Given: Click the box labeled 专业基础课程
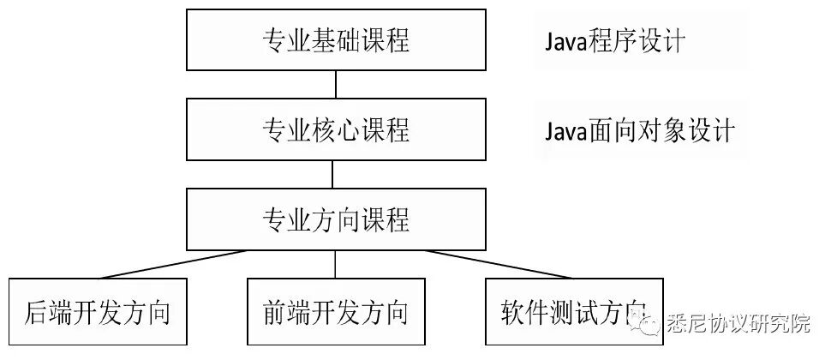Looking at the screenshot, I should click(x=335, y=39).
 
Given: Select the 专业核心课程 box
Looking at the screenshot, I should click(x=335, y=129).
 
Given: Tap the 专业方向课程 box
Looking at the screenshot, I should click(x=335, y=219).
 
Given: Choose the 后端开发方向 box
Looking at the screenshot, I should click(x=97, y=311).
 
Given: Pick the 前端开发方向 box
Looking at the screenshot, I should click(x=335, y=311).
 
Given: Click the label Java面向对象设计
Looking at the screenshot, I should click(x=639, y=131).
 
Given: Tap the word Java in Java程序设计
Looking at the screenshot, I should click(x=565, y=41).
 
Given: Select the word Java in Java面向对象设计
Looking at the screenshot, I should click(x=565, y=132).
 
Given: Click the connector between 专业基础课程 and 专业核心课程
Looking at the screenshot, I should click(x=335, y=84).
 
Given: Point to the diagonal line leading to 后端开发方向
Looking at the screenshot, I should click(x=171, y=263).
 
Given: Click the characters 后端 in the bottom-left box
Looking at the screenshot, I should click(x=49, y=311).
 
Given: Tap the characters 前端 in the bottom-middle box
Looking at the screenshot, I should click(x=287, y=311).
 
